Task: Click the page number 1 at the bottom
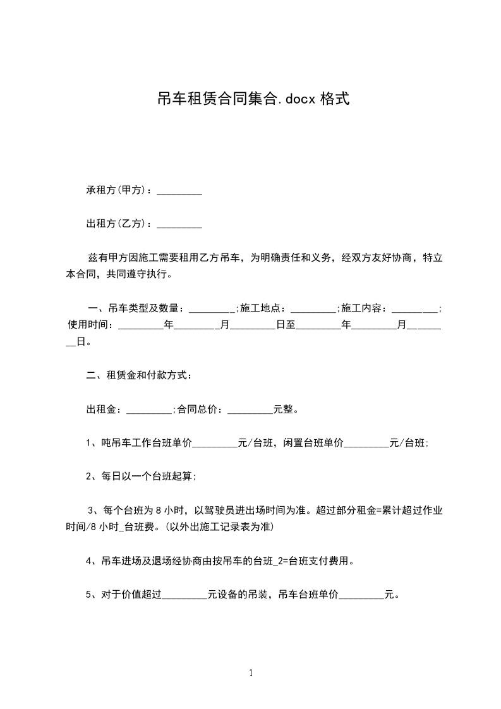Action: (251, 673)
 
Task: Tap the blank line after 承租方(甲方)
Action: (179, 191)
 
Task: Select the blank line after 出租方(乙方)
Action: (179, 224)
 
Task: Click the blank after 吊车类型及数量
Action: (212, 310)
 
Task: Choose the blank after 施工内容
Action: (414, 310)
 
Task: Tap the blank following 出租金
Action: (149, 410)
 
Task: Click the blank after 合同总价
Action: (250, 410)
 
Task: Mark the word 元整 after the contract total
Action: (283, 409)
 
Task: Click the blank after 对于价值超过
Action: (184, 595)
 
